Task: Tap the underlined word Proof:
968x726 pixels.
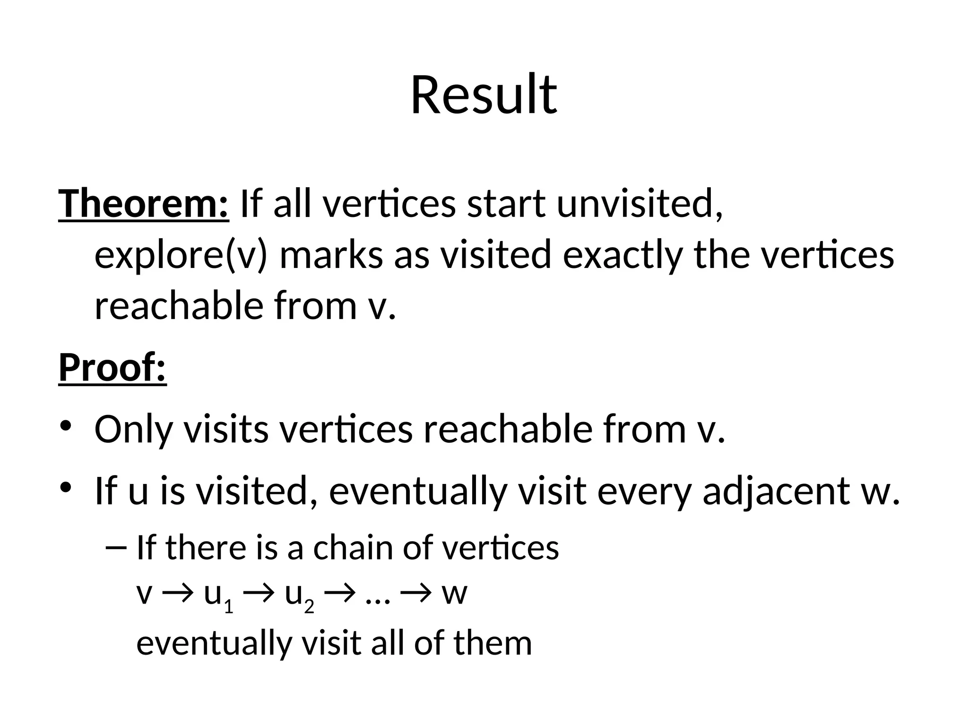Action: tap(112, 368)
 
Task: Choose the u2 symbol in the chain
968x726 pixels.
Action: tap(299, 596)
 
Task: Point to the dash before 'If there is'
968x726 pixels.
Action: tap(116, 548)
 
